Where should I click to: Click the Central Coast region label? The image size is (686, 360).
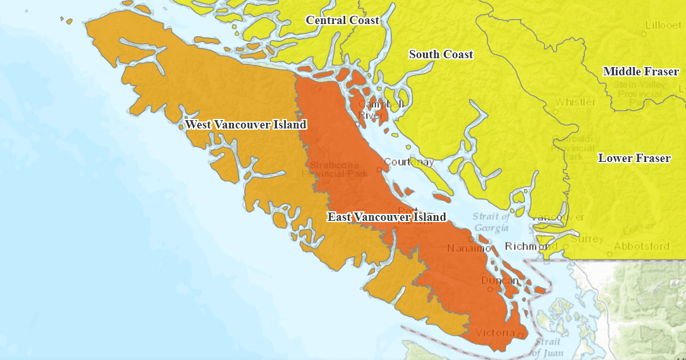pyautogui.click(x=342, y=20)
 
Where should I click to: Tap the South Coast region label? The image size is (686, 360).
pyautogui.click(x=441, y=54)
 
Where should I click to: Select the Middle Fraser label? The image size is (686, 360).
pyautogui.click(x=640, y=71)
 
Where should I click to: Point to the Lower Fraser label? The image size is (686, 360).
pyautogui.click(x=634, y=158)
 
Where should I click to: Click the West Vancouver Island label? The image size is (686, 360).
pyautogui.click(x=245, y=125)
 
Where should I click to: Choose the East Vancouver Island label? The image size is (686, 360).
pyautogui.click(x=386, y=217)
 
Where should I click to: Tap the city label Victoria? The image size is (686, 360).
pyautogui.click(x=491, y=333)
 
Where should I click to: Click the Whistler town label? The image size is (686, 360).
pyautogui.click(x=575, y=102)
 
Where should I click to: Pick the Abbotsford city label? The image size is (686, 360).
pyautogui.click(x=641, y=246)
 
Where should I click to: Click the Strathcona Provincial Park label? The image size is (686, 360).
pyautogui.click(x=335, y=169)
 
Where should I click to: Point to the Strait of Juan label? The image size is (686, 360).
pyautogui.click(x=546, y=347)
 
